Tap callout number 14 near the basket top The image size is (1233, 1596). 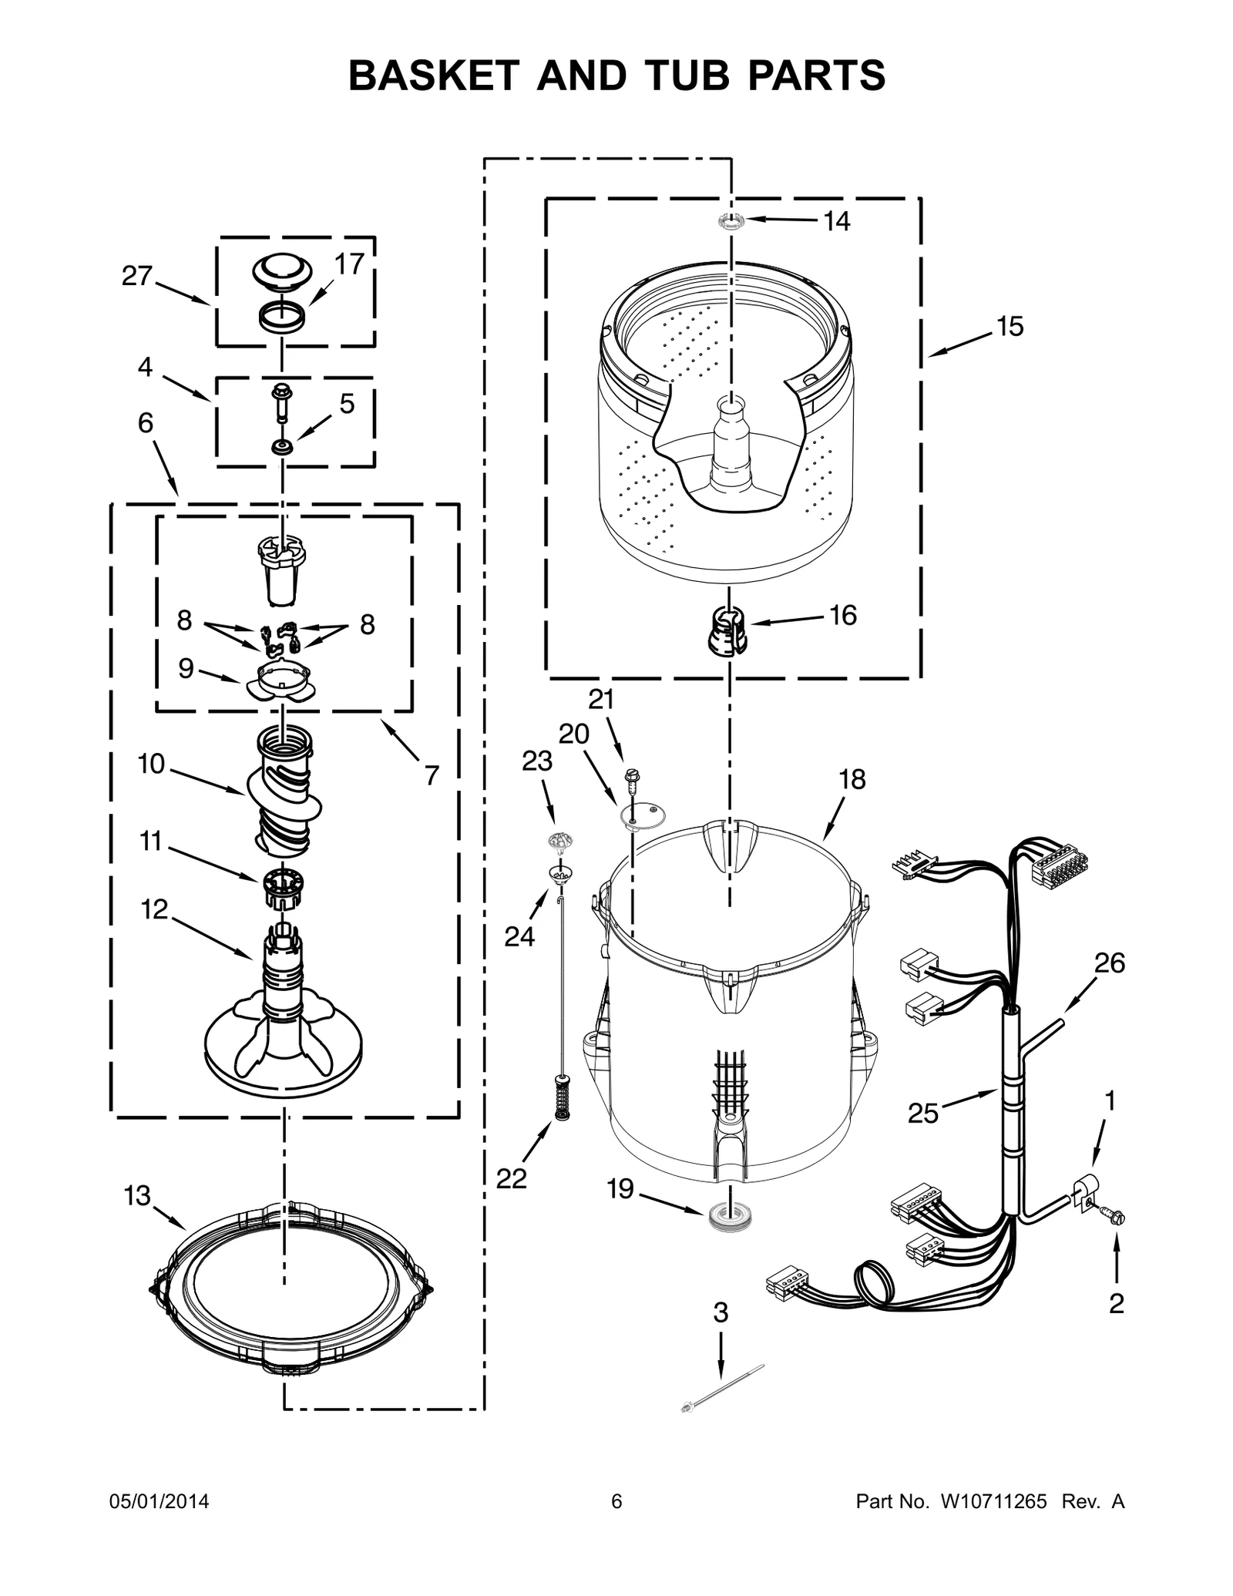pyautogui.click(x=836, y=221)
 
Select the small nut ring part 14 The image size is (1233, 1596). pyautogui.click(x=730, y=220)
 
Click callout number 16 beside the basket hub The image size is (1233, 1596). pyautogui.click(x=842, y=615)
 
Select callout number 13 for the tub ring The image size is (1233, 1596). pyautogui.click(x=137, y=1196)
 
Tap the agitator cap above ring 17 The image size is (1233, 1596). pyautogui.click(x=282, y=272)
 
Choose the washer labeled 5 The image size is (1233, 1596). pyautogui.click(x=283, y=447)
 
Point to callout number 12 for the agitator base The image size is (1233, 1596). pyautogui.click(x=154, y=909)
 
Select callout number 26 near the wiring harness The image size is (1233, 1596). pyautogui.click(x=1109, y=963)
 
